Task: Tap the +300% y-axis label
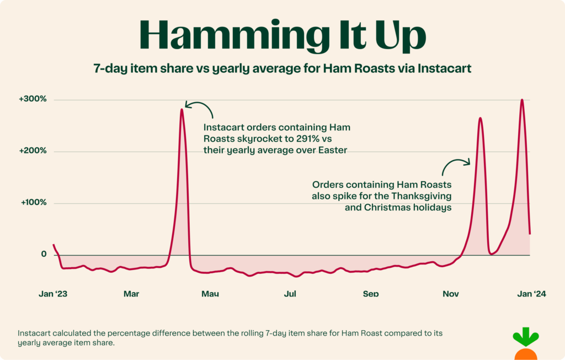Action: click(x=33, y=99)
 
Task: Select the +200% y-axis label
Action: click(x=33, y=151)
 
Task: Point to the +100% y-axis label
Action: click(x=33, y=203)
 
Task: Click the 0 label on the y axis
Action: click(x=44, y=254)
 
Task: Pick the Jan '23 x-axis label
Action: click(x=53, y=294)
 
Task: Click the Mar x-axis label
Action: click(x=131, y=294)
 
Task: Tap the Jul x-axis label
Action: click(x=290, y=294)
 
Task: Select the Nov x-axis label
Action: click(x=451, y=294)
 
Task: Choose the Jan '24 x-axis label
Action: click(x=532, y=294)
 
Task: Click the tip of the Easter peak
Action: click(x=182, y=109)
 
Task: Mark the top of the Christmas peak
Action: click(x=521, y=100)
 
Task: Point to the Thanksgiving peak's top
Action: click(x=480, y=118)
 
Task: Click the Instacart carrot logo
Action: click(x=525, y=345)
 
